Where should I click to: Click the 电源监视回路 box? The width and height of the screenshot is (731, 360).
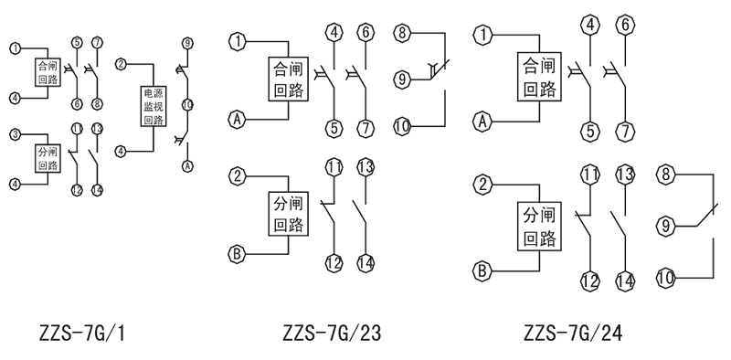tap(154, 107)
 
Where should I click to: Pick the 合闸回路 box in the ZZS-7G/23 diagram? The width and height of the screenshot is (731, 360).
tap(287, 80)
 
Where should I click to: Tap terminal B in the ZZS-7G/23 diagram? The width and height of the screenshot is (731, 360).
tap(237, 253)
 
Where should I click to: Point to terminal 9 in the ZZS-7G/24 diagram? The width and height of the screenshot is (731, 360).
tap(667, 224)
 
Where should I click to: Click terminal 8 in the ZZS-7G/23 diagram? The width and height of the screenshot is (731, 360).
tap(402, 34)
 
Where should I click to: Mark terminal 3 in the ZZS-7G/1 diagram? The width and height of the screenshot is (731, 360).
tap(15, 134)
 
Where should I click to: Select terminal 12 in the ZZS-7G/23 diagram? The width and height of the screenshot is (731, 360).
tap(334, 262)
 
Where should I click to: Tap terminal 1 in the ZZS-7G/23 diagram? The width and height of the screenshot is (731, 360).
tap(238, 41)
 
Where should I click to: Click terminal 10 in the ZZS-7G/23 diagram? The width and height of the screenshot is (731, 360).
tap(402, 127)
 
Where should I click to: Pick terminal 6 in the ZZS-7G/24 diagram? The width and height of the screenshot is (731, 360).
tap(627, 24)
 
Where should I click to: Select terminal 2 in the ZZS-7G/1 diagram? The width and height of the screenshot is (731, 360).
tap(121, 64)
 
